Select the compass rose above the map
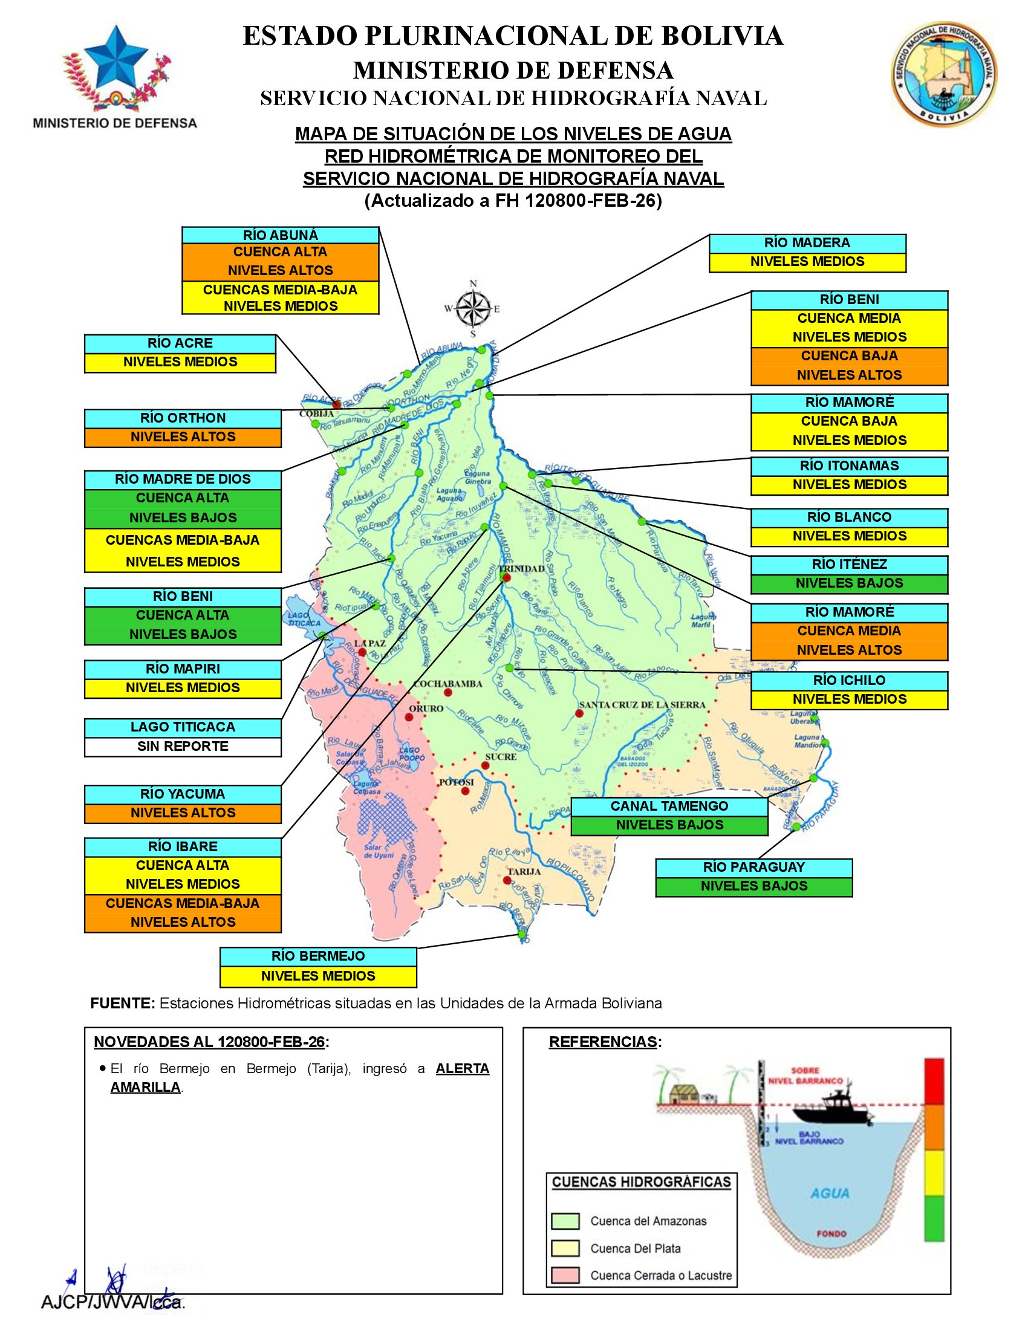click(473, 308)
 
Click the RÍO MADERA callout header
click(807, 243)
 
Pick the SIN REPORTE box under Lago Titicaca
click(183, 747)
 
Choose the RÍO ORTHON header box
click(183, 418)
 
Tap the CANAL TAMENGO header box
click(669, 806)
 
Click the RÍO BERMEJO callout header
click(318, 957)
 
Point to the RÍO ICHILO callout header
click(849, 681)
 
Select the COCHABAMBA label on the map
click(447, 684)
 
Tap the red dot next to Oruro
click(409, 718)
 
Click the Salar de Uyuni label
click(379, 851)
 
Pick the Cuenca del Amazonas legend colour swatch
click(565, 1222)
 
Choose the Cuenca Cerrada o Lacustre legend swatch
click(565, 1276)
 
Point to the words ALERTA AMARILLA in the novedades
click(462, 1069)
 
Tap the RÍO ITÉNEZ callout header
click(849, 565)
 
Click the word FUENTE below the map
click(122, 1004)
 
